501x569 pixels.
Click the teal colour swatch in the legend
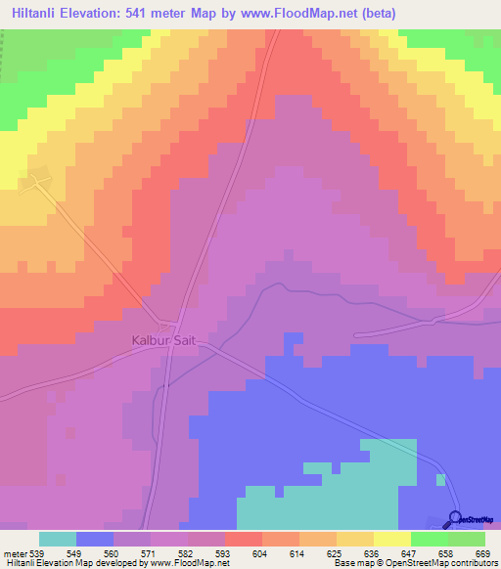pyautogui.click(x=58, y=539)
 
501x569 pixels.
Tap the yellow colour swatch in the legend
pyautogui.click(x=392, y=539)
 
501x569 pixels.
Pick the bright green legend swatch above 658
pyautogui.click(x=430, y=539)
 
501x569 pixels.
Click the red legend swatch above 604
pyautogui.click(x=244, y=539)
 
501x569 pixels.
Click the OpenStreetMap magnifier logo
pyautogui.click(x=454, y=518)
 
